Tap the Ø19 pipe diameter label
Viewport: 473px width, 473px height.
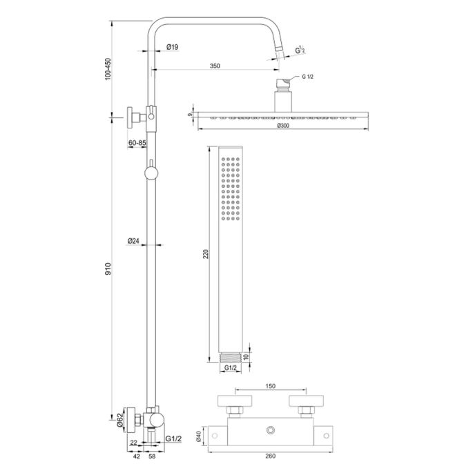pyautogui.click(x=173, y=47)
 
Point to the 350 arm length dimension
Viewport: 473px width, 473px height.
pyautogui.click(x=215, y=66)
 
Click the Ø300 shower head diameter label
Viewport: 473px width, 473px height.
pyautogui.click(x=283, y=126)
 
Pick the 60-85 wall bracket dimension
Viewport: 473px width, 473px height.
pyautogui.click(x=137, y=142)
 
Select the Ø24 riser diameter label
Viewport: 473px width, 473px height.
pyautogui.click(x=134, y=241)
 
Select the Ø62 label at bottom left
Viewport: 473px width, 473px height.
pyautogui.click(x=119, y=418)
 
